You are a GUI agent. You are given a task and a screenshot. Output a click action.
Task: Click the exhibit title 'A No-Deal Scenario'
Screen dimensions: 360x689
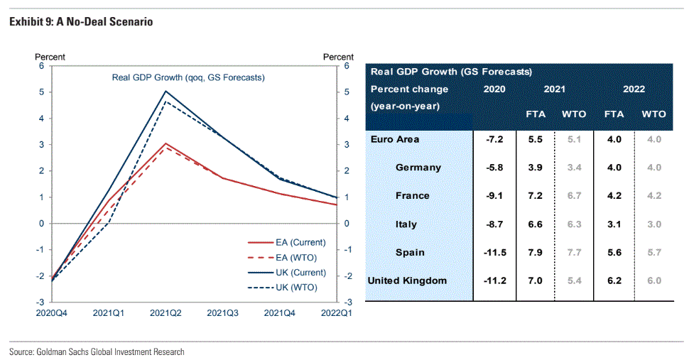click(x=109, y=22)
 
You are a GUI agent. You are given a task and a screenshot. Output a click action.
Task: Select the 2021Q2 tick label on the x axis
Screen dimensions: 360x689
click(x=166, y=312)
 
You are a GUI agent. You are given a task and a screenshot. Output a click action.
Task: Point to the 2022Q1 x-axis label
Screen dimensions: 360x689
click(x=335, y=312)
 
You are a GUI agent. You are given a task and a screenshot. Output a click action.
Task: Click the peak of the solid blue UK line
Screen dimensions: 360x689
click(x=166, y=91)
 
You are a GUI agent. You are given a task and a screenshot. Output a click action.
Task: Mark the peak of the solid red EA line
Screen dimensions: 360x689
click(x=166, y=143)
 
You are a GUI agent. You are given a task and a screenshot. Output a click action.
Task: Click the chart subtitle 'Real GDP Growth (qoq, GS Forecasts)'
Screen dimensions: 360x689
click(x=188, y=77)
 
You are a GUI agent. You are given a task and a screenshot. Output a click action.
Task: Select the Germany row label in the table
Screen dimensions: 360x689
click(x=418, y=168)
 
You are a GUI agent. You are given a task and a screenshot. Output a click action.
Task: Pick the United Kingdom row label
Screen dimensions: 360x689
click(x=407, y=280)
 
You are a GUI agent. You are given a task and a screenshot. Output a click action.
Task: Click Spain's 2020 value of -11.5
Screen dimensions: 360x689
click(x=494, y=252)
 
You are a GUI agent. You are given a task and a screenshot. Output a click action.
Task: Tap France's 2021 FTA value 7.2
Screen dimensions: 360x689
click(x=535, y=195)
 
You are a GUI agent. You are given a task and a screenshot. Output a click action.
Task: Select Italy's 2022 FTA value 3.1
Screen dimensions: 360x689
click(x=614, y=224)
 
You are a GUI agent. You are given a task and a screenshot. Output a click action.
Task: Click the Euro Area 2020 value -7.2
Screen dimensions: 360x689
click(x=494, y=139)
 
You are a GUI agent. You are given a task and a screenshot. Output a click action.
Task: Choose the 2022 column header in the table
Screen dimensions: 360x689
click(x=634, y=89)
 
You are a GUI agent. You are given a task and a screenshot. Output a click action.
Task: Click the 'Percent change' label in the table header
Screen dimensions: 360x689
click(x=409, y=89)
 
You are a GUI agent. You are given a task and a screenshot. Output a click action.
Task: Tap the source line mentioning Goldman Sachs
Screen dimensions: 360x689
click(x=97, y=351)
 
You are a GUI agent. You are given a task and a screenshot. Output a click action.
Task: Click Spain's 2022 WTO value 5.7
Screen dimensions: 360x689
click(x=653, y=252)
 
